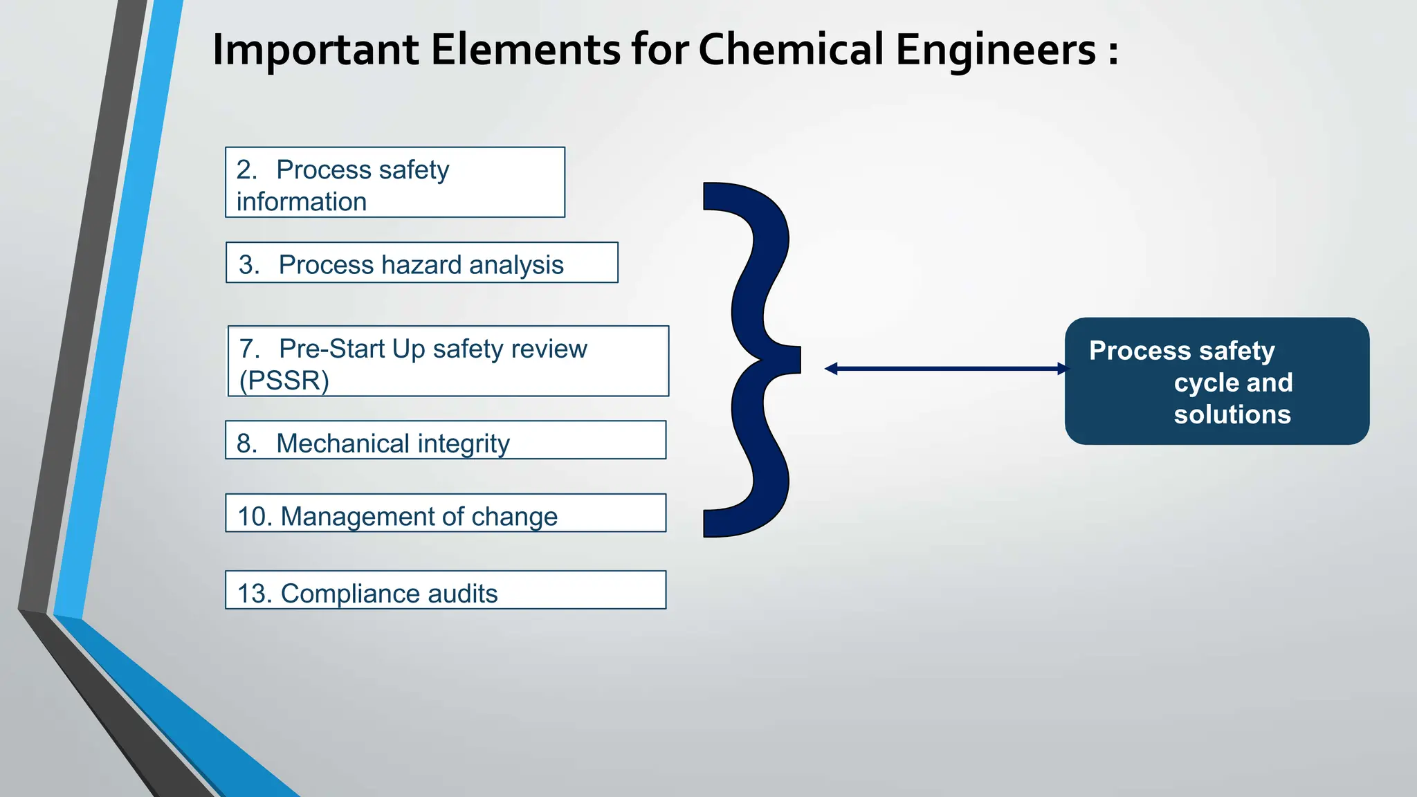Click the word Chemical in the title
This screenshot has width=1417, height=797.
coord(792,50)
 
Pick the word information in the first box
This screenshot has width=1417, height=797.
coord(302,202)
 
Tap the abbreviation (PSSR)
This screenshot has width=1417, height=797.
coord(284,381)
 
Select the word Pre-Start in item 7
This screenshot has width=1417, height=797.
coord(331,349)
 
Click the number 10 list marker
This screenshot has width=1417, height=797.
coord(253,517)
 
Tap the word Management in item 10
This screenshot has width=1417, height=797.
coord(358,517)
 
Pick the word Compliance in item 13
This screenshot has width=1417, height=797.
coord(350,594)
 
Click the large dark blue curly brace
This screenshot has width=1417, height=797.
coord(754,360)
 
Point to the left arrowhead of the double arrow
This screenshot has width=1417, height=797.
coord(831,369)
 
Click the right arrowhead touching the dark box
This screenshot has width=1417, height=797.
coord(1063,369)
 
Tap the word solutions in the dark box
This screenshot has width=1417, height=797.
coord(1232,414)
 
